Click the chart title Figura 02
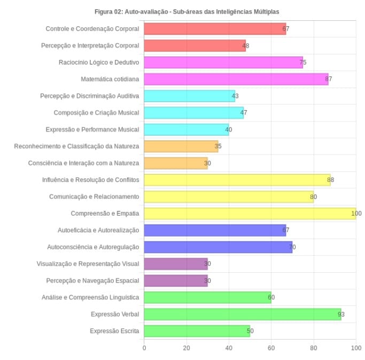coord(187,11)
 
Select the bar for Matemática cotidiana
coord(236,79)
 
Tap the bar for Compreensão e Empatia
coord(250,213)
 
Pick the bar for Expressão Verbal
coord(242,314)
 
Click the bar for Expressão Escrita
coord(197,331)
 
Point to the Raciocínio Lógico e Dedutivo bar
coord(223,63)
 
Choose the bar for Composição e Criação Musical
coord(193,113)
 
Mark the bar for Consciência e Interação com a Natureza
coord(175,163)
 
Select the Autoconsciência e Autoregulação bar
coord(218,247)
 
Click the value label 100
coord(356,213)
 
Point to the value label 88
coord(330,180)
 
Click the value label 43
coord(232,96)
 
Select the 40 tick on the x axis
coord(229,348)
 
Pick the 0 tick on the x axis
coord(144,348)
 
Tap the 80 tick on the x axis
coord(314,348)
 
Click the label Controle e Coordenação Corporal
coord(92,29)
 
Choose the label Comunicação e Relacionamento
coord(94,197)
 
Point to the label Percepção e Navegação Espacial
coord(93,281)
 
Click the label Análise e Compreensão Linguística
coord(90,297)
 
